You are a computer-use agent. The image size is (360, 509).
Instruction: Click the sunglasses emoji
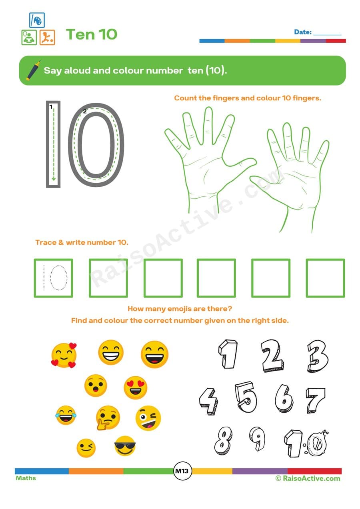point(125,446)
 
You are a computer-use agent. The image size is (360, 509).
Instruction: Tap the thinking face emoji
point(108,417)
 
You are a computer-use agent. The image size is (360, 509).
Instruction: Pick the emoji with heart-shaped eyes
point(135,387)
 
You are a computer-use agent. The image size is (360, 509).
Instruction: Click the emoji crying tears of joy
point(65,415)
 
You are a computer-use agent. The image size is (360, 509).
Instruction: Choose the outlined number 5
point(245,397)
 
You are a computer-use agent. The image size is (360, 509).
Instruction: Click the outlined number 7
point(316,400)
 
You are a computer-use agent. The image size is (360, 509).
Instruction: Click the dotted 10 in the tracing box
point(54,278)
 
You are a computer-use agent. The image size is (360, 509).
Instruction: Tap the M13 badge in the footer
point(183,471)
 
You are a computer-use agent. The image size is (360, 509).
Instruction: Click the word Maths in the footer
point(26,478)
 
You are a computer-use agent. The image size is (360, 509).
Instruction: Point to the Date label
point(302,32)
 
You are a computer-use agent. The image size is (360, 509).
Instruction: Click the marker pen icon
point(33,70)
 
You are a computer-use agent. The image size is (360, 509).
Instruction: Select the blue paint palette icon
point(37,20)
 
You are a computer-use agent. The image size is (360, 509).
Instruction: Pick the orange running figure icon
point(47,37)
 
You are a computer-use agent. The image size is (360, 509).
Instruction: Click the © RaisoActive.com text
point(308,478)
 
